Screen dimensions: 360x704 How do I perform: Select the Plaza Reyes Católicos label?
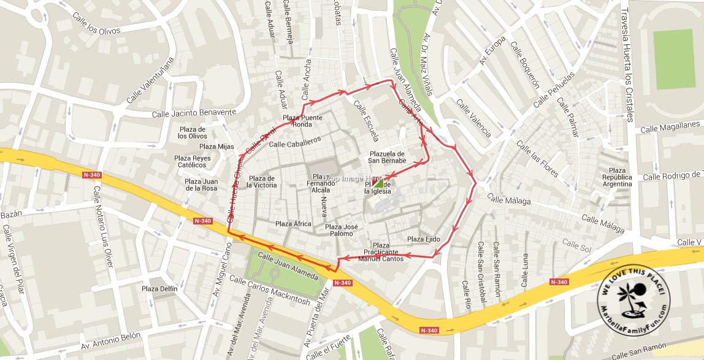192,161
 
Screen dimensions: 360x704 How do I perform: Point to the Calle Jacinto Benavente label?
194,113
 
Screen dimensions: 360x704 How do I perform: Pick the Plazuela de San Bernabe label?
388,157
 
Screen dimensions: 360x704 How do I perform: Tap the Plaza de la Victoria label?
261,182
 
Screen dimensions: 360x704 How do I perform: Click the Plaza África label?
293,224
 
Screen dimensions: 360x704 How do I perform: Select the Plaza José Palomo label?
342,230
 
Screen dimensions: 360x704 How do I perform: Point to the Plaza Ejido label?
424,239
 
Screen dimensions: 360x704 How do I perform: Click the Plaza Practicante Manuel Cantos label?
381,252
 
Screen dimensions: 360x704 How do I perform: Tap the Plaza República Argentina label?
617,177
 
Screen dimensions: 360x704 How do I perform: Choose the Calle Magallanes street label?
670,127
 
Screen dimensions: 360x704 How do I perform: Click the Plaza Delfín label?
159,289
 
